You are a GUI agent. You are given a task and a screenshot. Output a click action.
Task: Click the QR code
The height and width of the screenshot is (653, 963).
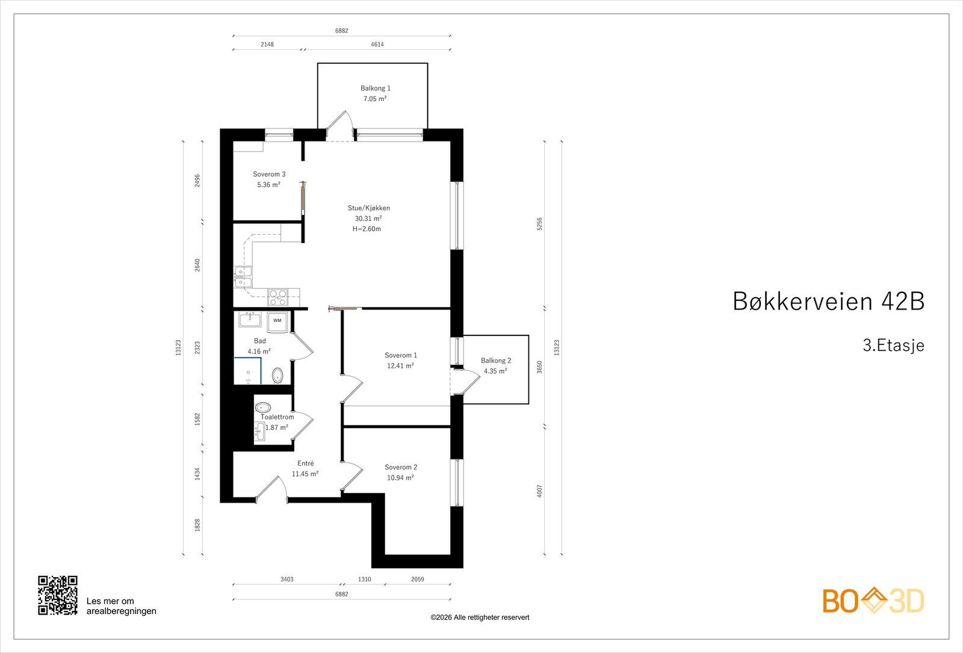tap(58, 595)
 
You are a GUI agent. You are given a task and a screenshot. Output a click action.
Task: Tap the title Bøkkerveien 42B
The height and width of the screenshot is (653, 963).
tap(828, 302)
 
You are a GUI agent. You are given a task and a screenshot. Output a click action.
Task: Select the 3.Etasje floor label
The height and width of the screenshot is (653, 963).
tap(893, 345)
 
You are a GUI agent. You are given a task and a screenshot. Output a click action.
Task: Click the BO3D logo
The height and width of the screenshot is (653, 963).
tap(873, 601)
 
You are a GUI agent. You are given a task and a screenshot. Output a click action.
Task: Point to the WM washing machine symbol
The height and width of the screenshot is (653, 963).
tap(277, 321)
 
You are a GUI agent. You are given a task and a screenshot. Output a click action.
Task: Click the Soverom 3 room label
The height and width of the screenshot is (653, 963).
tap(269, 175)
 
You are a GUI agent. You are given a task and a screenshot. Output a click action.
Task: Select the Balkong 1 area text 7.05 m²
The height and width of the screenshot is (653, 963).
tap(375, 99)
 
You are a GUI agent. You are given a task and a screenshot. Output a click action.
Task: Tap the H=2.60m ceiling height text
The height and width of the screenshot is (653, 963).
tap(367, 229)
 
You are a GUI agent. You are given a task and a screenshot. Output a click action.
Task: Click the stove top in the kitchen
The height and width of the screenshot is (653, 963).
tap(277, 297)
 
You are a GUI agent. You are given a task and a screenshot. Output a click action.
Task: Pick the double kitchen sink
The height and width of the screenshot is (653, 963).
tap(243, 277)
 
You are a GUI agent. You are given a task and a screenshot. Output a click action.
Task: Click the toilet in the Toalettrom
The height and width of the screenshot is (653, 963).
tap(263, 407)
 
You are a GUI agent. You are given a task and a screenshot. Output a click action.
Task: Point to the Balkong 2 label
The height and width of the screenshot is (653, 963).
tap(496, 361)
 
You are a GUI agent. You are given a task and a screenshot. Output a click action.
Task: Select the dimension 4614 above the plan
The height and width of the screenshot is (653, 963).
tap(377, 45)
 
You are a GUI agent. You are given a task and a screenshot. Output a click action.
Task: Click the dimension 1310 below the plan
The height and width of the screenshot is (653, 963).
tap(365, 579)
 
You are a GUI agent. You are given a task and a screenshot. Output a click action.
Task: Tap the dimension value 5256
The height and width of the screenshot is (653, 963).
tap(539, 224)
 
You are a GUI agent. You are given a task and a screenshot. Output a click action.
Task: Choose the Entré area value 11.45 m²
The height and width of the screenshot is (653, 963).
tap(305, 474)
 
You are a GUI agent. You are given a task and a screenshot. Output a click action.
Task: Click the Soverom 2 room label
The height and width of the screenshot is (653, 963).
tap(401, 467)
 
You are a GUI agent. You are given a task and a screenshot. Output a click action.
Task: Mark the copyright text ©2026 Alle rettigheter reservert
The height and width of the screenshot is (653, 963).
tap(480, 617)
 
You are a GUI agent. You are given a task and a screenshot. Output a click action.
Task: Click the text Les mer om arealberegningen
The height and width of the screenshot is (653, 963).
tap(121, 606)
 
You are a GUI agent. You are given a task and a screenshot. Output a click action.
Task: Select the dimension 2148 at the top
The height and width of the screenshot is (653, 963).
tap(267, 45)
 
